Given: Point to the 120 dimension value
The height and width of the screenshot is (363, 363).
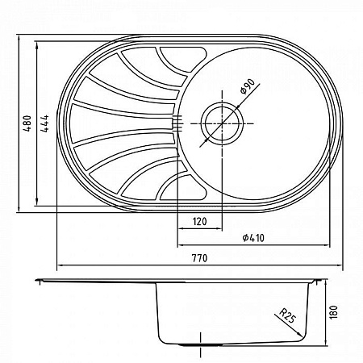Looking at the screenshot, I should pyautogui.click(x=200, y=221).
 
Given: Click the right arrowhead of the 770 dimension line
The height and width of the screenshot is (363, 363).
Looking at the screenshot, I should pyautogui.click(x=340, y=267).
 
